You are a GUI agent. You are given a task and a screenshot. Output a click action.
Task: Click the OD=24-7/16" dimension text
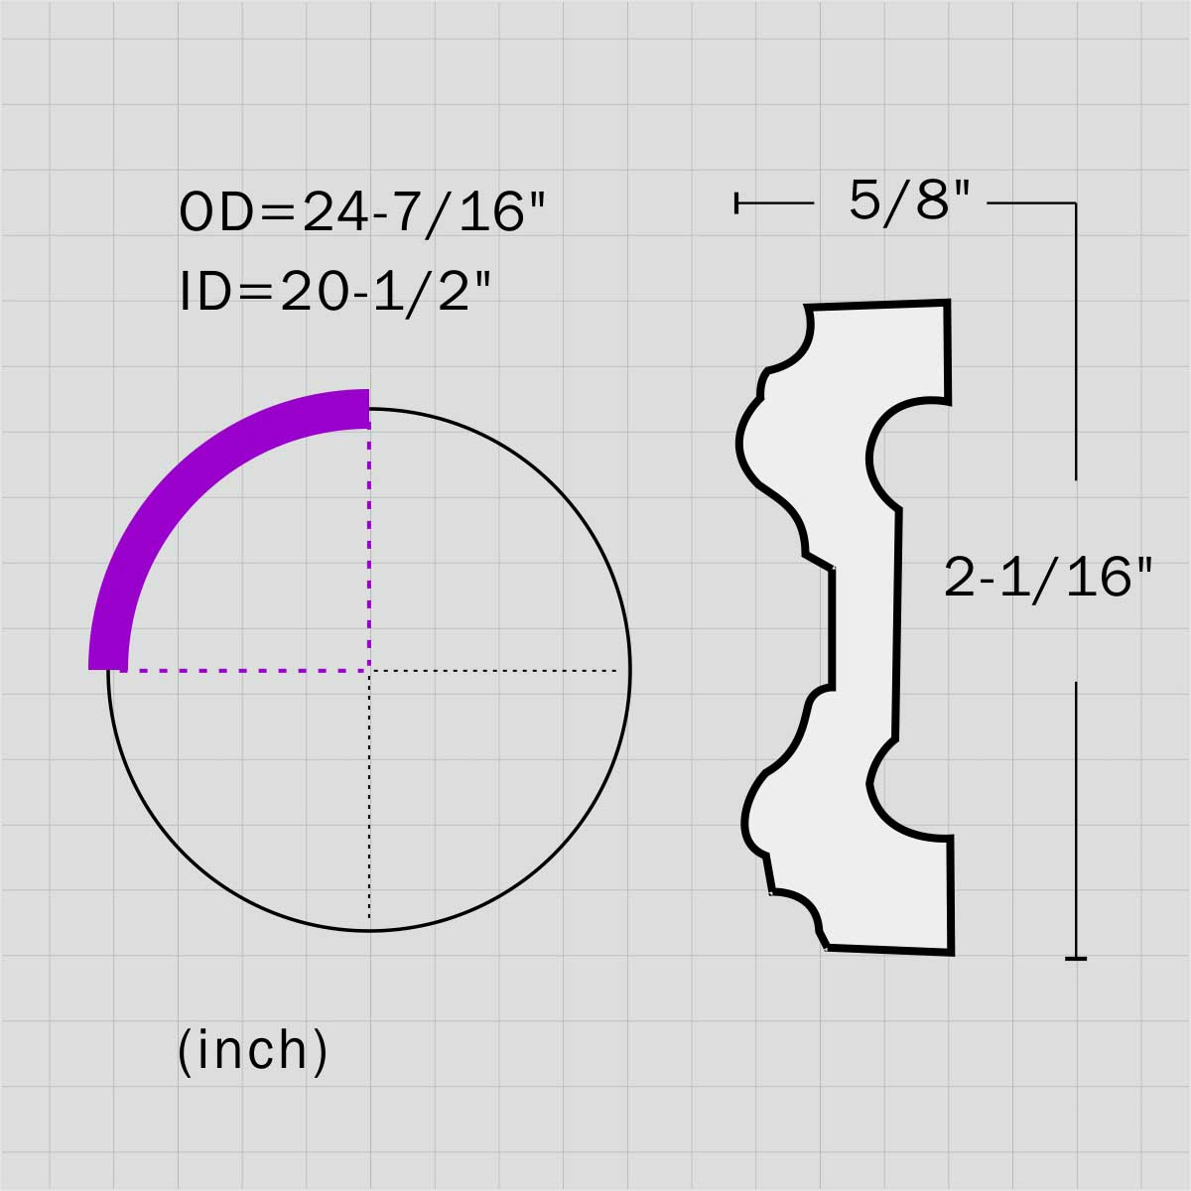(x=362, y=212)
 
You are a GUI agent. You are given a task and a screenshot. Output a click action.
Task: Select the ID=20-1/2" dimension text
(x=335, y=292)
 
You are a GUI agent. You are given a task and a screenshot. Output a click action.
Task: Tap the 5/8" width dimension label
(x=909, y=201)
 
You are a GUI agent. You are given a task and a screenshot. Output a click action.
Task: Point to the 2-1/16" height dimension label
(x=1049, y=579)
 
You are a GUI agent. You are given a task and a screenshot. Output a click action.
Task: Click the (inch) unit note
(x=253, y=1050)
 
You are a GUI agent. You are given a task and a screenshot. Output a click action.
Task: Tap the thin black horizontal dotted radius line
(x=494, y=670)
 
